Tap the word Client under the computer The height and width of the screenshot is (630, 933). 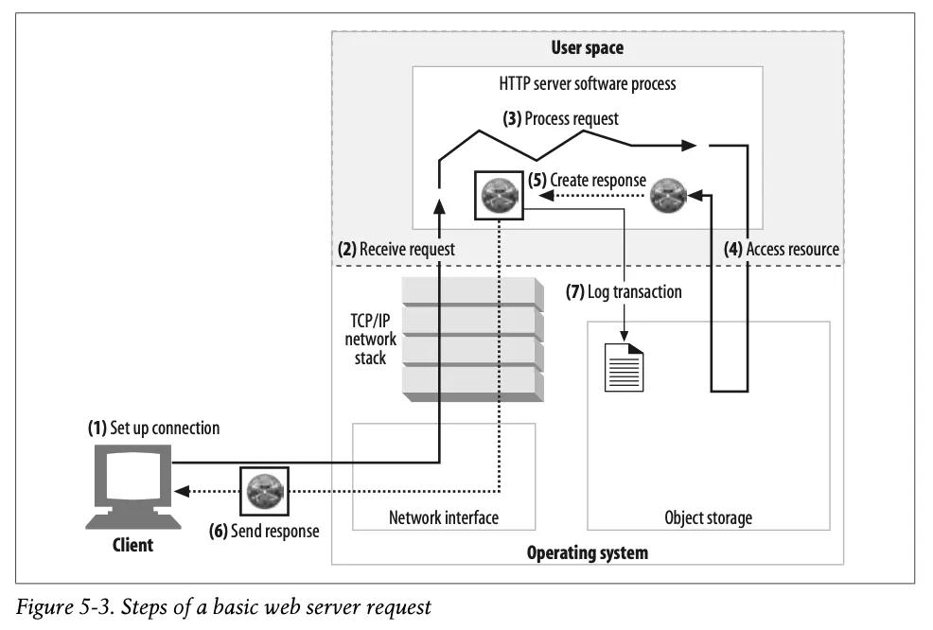[132, 546]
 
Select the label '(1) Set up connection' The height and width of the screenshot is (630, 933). [153, 429]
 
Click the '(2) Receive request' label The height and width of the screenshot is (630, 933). [396, 250]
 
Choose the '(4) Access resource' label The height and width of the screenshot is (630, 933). [782, 250]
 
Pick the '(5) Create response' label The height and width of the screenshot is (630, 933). [587, 180]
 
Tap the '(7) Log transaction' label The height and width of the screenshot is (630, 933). [624, 292]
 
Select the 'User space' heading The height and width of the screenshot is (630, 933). [587, 47]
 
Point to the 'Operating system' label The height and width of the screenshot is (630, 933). [587, 552]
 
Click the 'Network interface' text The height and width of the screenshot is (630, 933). [443, 517]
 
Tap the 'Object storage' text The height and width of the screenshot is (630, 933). [708, 517]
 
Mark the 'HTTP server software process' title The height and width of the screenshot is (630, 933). [587, 83]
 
